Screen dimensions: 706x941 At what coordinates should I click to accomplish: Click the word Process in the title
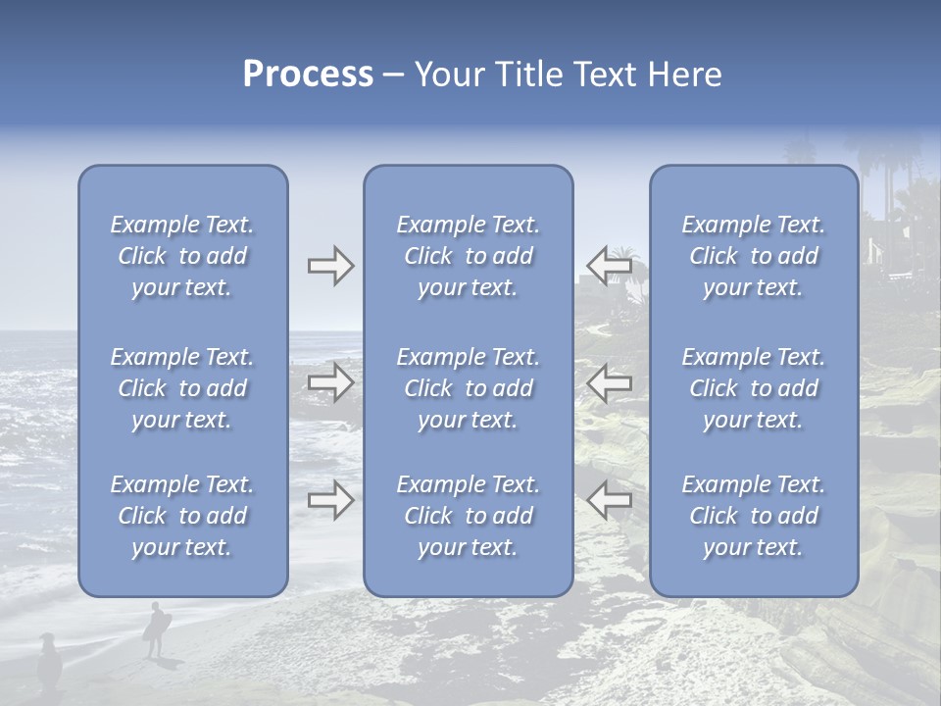tap(308, 75)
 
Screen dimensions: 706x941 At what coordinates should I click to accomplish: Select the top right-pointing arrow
tap(330, 266)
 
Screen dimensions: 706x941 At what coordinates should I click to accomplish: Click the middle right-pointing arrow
tap(330, 382)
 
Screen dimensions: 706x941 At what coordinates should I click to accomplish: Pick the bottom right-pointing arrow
tap(330, 500)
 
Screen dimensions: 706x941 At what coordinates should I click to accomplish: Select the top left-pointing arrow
tap(609, 265)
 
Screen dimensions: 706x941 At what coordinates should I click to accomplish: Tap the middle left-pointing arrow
tap(609, 382)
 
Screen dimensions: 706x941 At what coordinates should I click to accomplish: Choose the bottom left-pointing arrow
tap(609, 500)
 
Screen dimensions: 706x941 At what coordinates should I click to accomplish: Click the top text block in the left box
tap(182, 256)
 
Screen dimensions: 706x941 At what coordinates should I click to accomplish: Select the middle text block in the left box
tap(182, 388)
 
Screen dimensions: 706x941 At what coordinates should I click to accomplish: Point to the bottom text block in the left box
tap(182, 516)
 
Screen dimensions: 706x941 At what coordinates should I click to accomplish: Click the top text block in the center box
tap(469, 256)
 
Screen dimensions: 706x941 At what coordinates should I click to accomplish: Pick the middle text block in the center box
tap(469, 388)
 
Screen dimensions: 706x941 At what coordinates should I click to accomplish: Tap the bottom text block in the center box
tap(469, 516)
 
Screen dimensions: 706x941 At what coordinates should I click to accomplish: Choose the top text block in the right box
tap(754, 256)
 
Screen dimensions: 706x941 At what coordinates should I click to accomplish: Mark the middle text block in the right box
tap(754, 388)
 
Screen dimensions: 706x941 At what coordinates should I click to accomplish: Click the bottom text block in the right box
tap(754, 516)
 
